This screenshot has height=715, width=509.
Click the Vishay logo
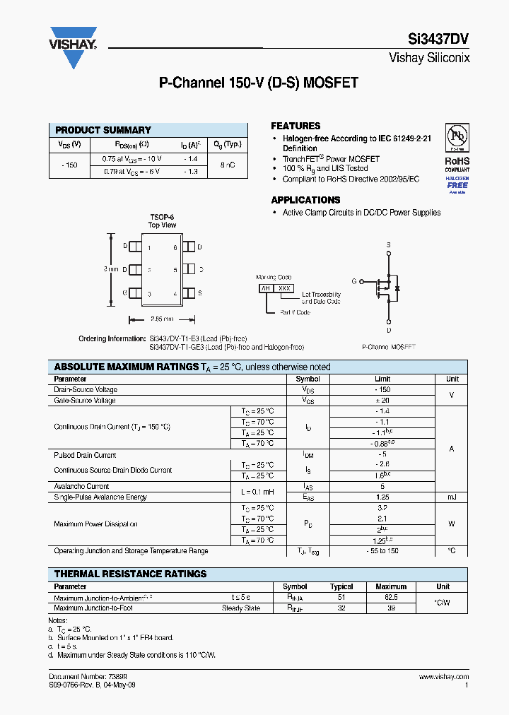[x=72, y=39]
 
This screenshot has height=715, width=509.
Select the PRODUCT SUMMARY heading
[x=103, y=130]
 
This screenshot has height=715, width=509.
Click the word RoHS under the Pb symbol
[x=457, y=161]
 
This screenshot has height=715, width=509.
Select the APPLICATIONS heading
[x=305, y=200]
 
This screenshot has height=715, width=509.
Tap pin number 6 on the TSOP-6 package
[x=175, y=247]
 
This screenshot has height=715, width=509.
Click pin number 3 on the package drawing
[x=149, y=293]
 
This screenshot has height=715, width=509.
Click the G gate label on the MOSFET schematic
[x=353, y=281]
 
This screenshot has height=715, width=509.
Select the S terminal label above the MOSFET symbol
[x=388, y=244]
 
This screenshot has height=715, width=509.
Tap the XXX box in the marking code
[x=283, y=288]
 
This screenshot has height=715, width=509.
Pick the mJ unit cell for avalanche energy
[x=452, y=497]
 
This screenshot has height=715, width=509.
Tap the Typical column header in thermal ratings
[x=341, y=586]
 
